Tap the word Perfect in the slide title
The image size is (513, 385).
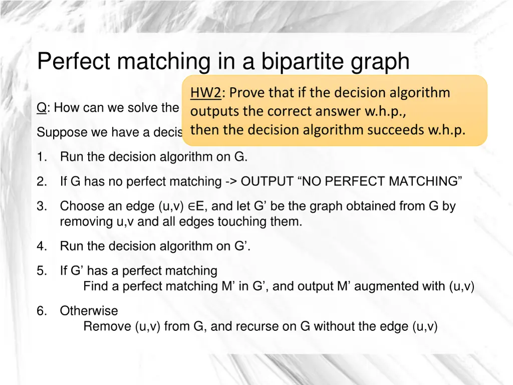click(74, 62)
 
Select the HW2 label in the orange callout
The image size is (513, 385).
click(205, 93)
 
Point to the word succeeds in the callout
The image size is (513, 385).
click(396, 130)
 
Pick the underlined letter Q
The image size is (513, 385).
click(41, 108)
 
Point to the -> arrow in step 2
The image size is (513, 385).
click(231, 181)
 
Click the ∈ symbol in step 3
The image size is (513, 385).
click(192, 206)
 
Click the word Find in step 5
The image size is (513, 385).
click(94, 286)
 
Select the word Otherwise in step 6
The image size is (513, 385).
click(89, 311)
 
